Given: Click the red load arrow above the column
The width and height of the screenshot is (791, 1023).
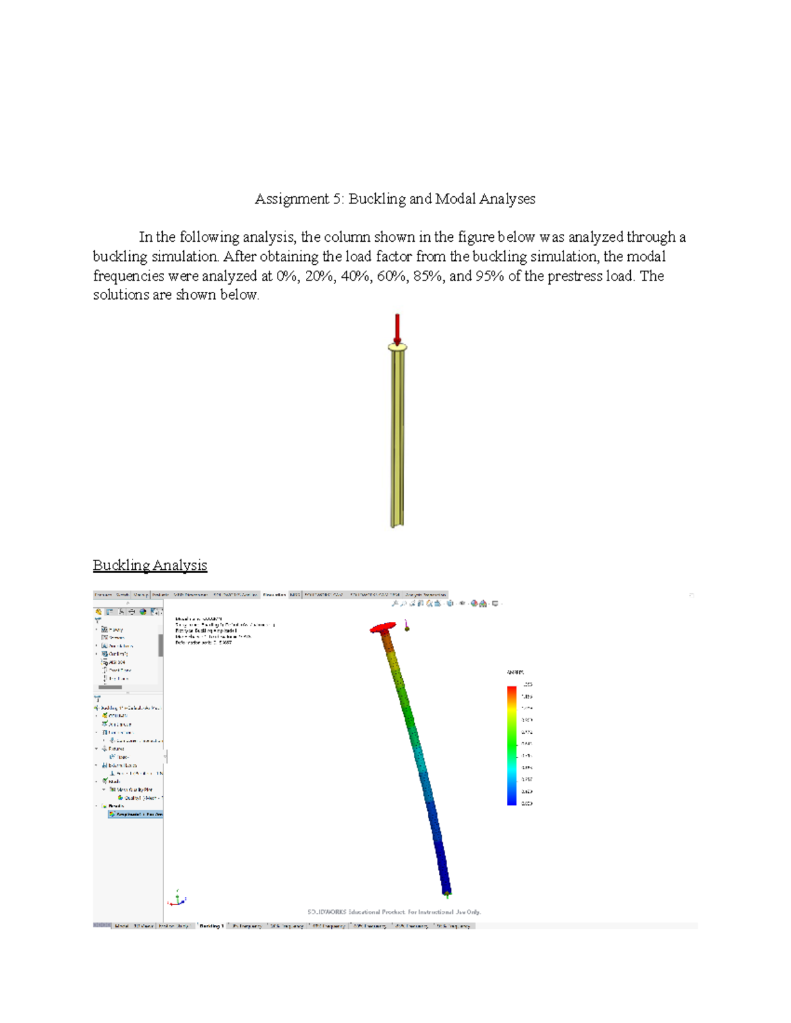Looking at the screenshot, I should click(397, 327).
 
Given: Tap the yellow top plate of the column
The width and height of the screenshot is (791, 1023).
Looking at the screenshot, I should click(397, 346).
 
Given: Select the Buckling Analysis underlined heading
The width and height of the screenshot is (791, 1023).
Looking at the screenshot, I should click(150, 565).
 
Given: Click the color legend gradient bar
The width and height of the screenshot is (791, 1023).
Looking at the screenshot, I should click(512, 745).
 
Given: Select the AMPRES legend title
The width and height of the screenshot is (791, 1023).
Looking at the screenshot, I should click(515, 673).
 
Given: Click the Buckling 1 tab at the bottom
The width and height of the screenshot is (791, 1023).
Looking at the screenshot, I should click(212, 926).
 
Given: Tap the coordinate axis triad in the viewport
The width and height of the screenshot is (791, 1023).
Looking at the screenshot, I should click(177, 899).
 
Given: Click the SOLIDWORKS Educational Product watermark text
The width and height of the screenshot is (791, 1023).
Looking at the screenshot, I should click(394, 912).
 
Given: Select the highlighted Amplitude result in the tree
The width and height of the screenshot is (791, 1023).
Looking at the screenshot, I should click(136, 814).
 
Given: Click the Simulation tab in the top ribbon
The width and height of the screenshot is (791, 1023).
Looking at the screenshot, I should click(274, 595).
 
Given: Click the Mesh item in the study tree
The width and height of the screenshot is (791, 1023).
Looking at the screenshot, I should click(114, 781).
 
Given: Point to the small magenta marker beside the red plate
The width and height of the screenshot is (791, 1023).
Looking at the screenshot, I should click(407, 627).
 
